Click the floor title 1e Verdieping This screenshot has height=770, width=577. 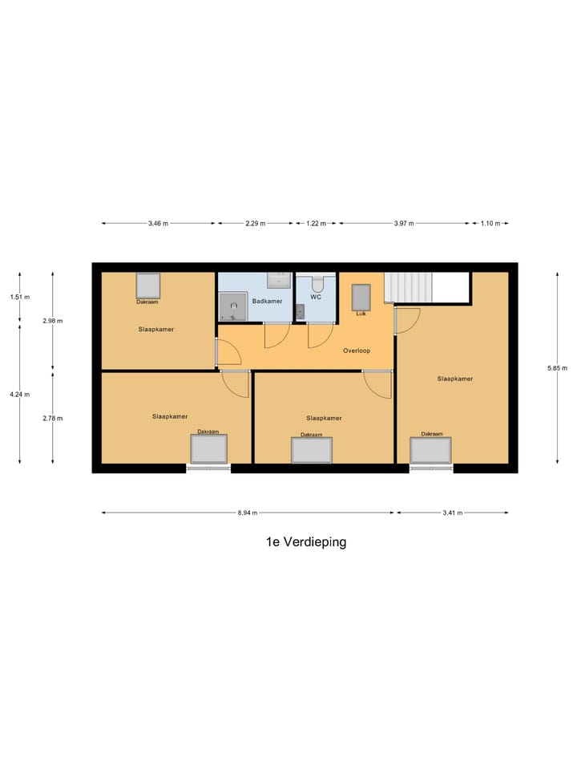[x=306, y=542]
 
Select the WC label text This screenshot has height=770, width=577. [x=316, y=297]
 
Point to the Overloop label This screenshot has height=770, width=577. [x=357, y=351]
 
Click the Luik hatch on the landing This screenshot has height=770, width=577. [x=361, y=298]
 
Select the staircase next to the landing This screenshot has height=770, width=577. [x=408, y=287]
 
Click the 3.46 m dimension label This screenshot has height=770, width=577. [x=158, y=224]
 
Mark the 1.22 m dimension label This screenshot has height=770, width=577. [x=316, y=224]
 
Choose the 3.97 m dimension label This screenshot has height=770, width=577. [x=404, y=224]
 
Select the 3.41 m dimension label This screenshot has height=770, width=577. [x=452, y=513]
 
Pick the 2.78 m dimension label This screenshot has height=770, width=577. [x=53, y=418]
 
